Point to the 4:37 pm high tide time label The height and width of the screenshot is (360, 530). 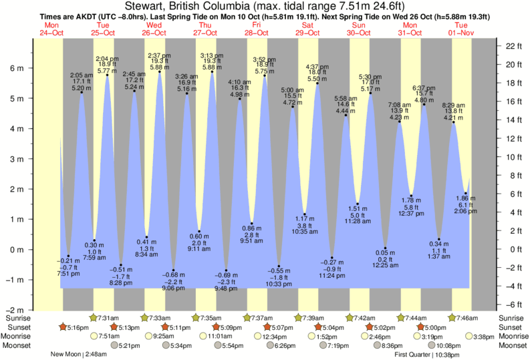click(317, 66)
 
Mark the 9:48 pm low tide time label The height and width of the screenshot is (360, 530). click(227, 289)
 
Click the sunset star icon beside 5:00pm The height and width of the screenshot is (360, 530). click(420, 327)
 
